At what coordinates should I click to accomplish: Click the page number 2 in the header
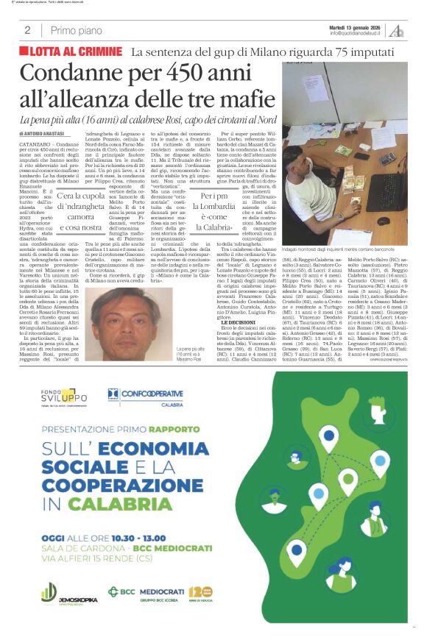click(x=27, y=30)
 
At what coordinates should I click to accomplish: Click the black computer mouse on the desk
click(x=384, y=220)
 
